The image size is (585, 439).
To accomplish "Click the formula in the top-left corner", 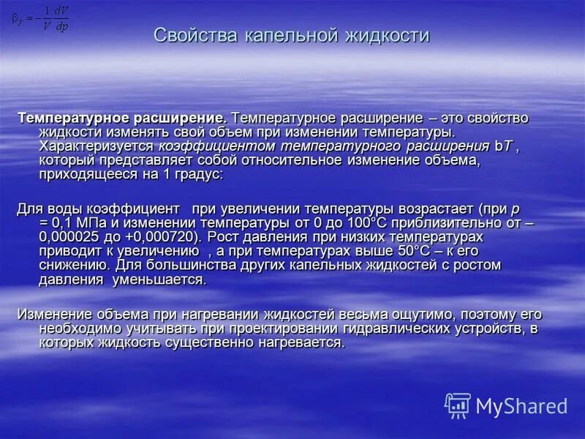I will [x=41, y=20].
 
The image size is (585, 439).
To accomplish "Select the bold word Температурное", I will [x=69, y=118].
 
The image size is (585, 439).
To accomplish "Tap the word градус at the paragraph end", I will [x=198, y=175].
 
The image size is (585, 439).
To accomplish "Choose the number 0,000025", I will [x=75, y=237].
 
